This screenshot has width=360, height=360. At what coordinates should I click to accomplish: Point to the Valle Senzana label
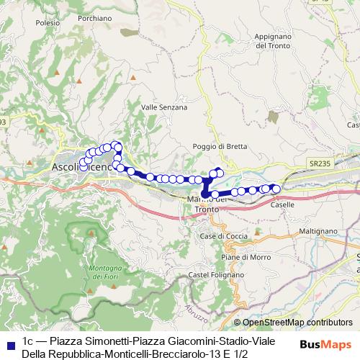pos(164,107)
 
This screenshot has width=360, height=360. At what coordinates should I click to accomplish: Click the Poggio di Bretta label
pos(220,146)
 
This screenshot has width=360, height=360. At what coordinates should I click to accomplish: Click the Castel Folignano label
pos(212,275)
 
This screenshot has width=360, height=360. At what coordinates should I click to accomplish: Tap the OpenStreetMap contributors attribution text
pos(297,323)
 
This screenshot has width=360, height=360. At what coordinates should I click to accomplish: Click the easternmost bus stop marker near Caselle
pos(276,189)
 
